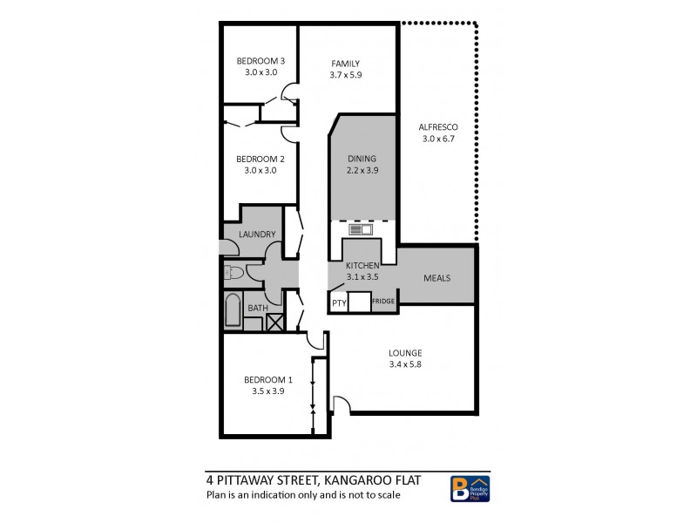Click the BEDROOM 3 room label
(x=261, y=61)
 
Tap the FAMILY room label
(x=345, y=63)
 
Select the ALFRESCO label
(x=439, y=126)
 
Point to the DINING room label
(x=362, y=159)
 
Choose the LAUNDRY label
(x=257, y=234)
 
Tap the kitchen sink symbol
(x=360, y=230)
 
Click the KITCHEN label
(x=362, y=265)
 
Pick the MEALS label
(x=436, y=278)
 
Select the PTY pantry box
(x=338, y=302)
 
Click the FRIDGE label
(x=383, y=302)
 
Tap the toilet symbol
(x=232, y=273)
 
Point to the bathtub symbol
(x=233, y=312)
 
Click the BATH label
(x=258, y=308)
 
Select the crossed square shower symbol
(x=274, y=322)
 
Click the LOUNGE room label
(x=405, y=353)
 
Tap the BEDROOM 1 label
(x=267, y=379)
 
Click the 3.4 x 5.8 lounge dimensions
(x=405, y=365)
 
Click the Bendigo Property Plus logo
(x=470, y=488)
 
